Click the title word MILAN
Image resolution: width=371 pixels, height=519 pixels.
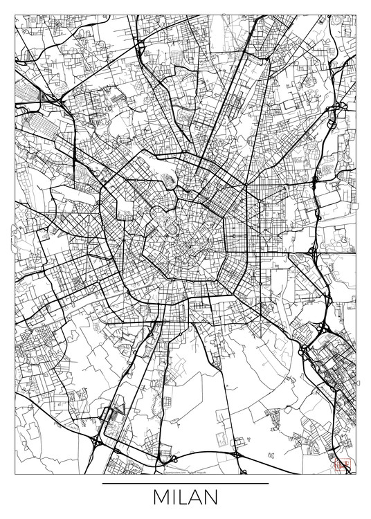tap(185, 498)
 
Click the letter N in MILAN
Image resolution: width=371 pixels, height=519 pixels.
tap(212, 498)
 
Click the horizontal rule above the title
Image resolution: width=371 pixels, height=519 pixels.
tap(185, 482)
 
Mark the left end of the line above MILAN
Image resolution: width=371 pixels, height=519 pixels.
tap(102, 482)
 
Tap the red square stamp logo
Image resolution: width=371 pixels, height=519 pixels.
tap(340, 466)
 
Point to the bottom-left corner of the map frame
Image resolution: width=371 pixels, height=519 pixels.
tap(15, 475)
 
